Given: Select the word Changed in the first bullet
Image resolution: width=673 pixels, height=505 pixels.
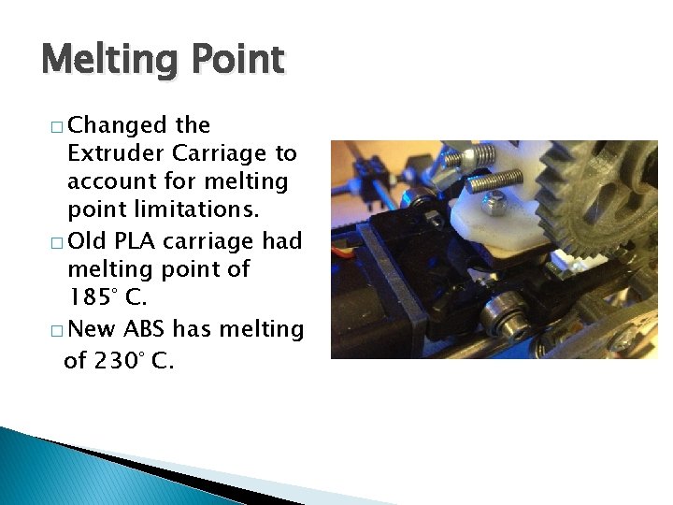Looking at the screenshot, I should tap(117, 125).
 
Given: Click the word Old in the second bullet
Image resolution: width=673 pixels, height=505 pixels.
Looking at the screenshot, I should tap(88, 241).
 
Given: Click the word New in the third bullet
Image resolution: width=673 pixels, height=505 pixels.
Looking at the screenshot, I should tap(92, 329).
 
